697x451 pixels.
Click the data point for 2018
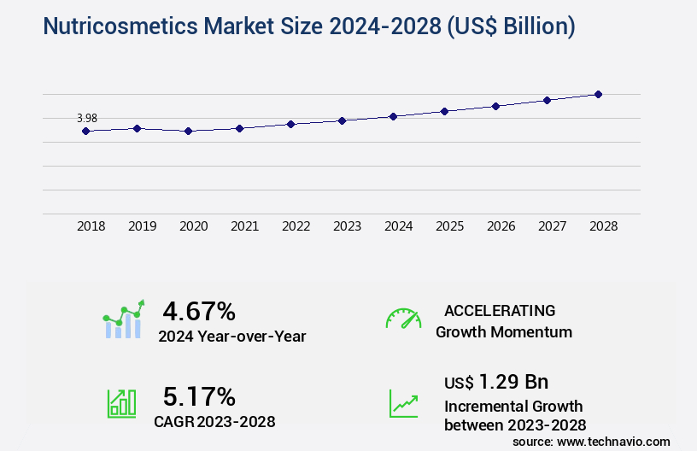click(x=85, y=131)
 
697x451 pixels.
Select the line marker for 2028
click(x=598, y=94)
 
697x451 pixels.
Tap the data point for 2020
click(x=188, y=131)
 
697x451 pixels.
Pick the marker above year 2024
click(x=393, y=116)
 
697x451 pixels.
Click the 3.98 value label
click(x=87, y=118)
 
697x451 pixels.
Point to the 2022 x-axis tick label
click(x=296, y=227)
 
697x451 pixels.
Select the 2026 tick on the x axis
click(x=501, y=227)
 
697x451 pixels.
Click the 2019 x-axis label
click(x=142, y=227)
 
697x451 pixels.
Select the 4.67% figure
click(x=199, y=311)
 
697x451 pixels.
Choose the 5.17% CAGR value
click(x=199, y=396)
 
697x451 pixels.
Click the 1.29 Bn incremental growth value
click(x=513, y=382)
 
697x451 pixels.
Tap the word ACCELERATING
click(x=500, y=310)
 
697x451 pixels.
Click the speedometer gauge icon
click(x=403, y=319)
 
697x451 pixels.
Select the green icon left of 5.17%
click(x=121, y=403)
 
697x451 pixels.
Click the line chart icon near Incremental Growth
click(x=403, y=403)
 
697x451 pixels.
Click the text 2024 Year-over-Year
click(x=231, y=337)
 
